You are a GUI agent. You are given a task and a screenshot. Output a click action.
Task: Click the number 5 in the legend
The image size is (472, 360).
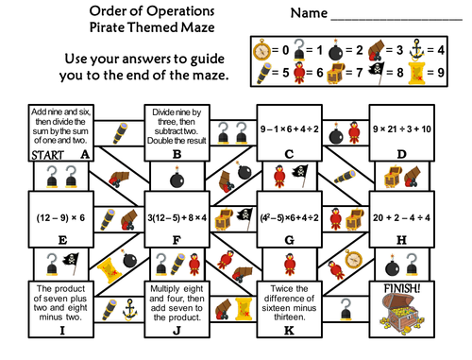click(x=283, y=72)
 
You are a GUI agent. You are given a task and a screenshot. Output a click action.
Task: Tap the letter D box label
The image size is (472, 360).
click(x=401, y=153)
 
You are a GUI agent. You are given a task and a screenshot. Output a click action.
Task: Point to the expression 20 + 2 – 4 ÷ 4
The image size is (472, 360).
click(x=402, y=216)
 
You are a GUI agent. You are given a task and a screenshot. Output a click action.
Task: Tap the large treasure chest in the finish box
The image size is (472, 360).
click(x=402, y=316)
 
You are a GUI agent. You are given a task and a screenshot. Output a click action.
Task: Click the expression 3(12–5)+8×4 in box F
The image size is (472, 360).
click(x=175, y=216)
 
